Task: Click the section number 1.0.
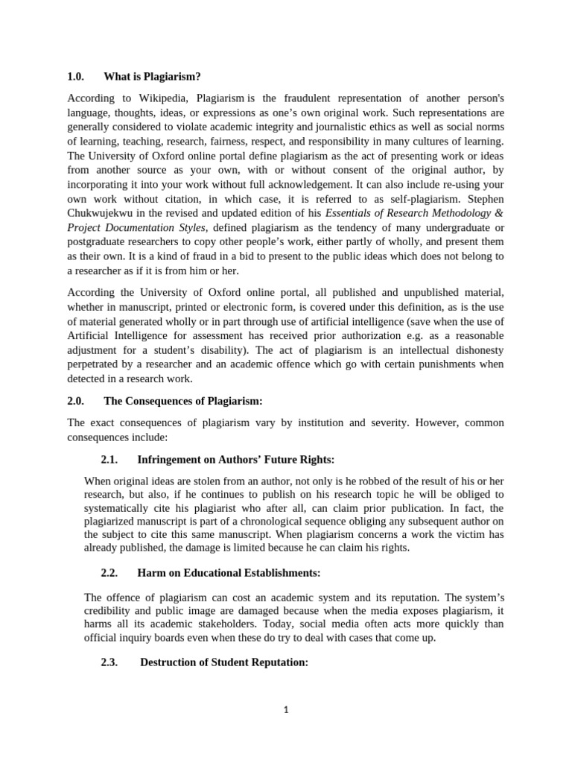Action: (77, 77)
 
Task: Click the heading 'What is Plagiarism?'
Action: (152, 77)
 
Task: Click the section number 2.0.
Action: (77, 401)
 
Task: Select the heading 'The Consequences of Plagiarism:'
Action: (183, 401)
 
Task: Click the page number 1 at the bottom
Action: (286, 710)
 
